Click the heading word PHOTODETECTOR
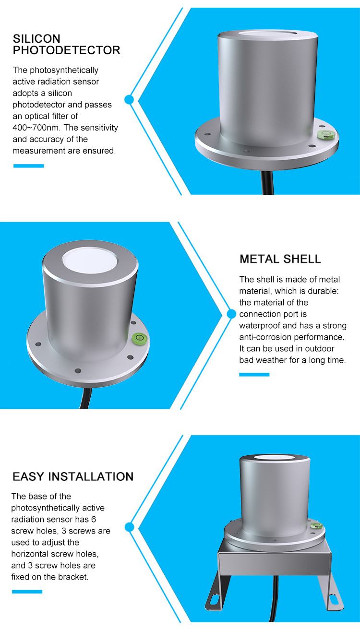[66, 50]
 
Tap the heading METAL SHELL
[280, 259]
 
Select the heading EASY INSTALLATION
[73, 476]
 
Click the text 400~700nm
[36, 128]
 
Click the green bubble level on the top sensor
[326, 134]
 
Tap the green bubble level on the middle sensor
[139, 338]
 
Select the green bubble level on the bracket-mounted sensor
[316, 525]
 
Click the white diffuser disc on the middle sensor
[90, 261]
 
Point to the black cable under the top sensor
[267, 182]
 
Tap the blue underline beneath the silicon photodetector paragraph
[29, 166]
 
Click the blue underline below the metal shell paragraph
[254, 375]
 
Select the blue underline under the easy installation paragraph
[27, 592]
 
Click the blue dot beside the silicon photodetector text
[129, 99]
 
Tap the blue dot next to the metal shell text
[231, 314]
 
